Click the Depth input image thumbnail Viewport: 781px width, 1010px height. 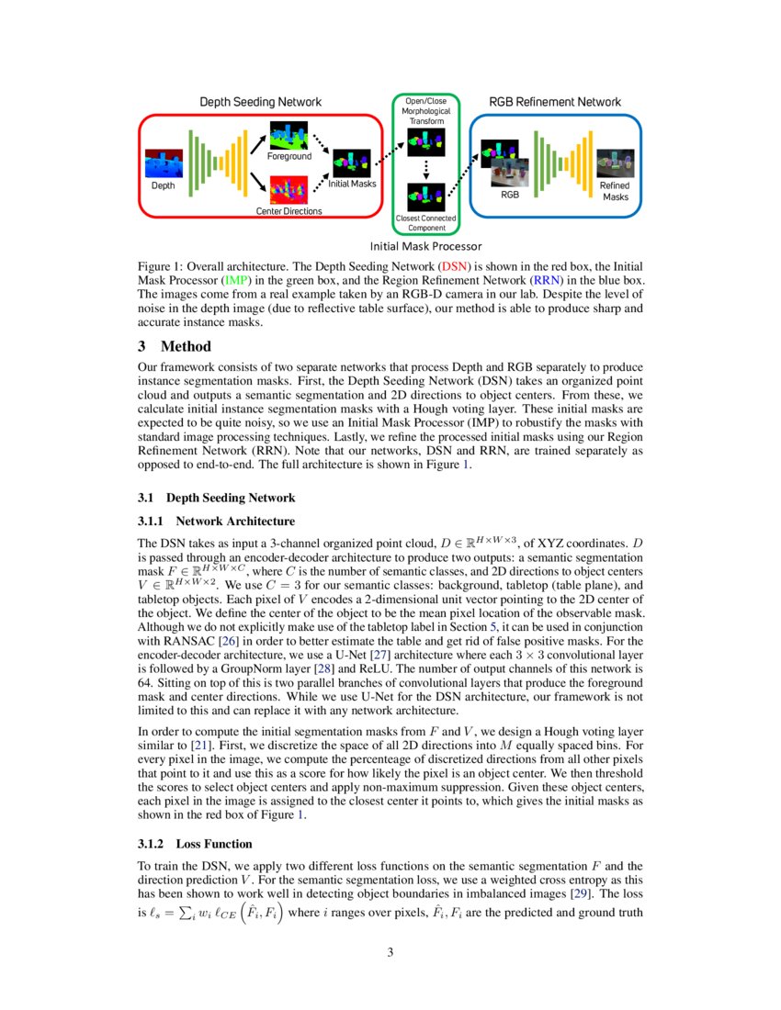(x=164, y=164)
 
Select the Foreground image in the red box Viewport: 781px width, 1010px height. (x=289, y=136)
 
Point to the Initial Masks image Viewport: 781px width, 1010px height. (x=352, y=163)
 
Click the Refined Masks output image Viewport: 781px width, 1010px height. (x=615, y=163)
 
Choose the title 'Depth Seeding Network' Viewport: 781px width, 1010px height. (x=261, y=101)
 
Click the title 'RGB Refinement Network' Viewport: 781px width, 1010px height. (x=555, y=101)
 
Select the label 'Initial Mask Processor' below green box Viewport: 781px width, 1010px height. (x=425, y=246)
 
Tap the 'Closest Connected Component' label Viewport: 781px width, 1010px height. (x=425, y=223)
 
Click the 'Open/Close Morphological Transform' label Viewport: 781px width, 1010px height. (x=425, y=111)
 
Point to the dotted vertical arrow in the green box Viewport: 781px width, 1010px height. (x=426, y=166)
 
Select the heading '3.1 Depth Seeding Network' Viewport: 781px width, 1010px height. (x=216, y=498)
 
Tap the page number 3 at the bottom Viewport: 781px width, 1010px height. (x=390, y=952)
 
